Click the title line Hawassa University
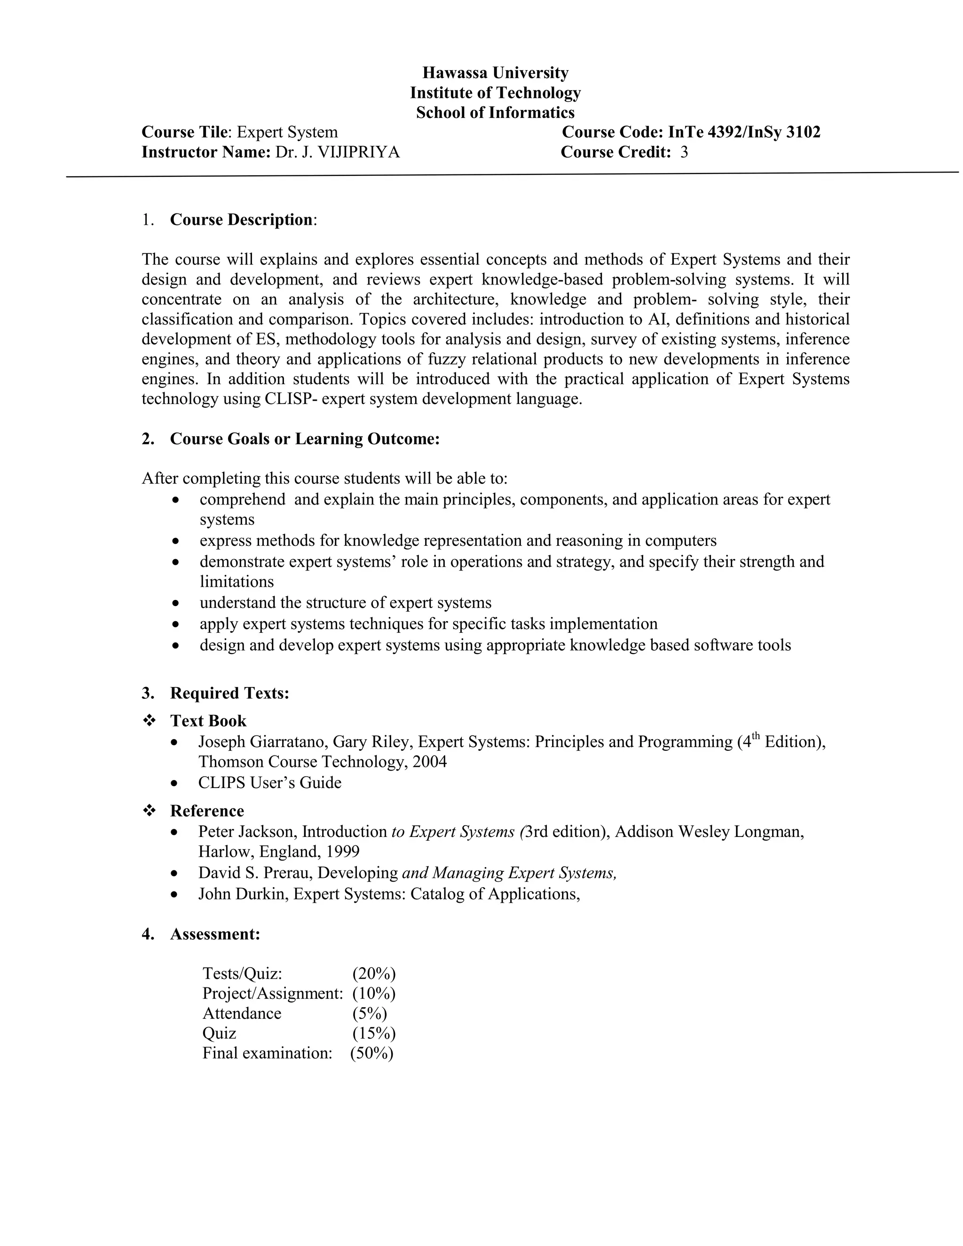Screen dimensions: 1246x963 click(x=495, y=73)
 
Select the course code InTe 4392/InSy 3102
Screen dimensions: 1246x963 click(x=744, y=133)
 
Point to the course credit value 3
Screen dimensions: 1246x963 click(x=684, y=152)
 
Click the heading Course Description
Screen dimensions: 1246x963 click(x=242, y=220)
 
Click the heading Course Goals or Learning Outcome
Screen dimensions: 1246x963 click(x=305, y=439)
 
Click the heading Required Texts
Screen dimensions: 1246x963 click(x=229, y=693)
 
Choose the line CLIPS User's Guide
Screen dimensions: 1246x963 click(x=270, y=783)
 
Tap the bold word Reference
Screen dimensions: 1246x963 click(x=207, y=811)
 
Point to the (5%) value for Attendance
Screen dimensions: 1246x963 click(x=370, y=1013)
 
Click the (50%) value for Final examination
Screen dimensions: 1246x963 click(x=372, y=1053)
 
